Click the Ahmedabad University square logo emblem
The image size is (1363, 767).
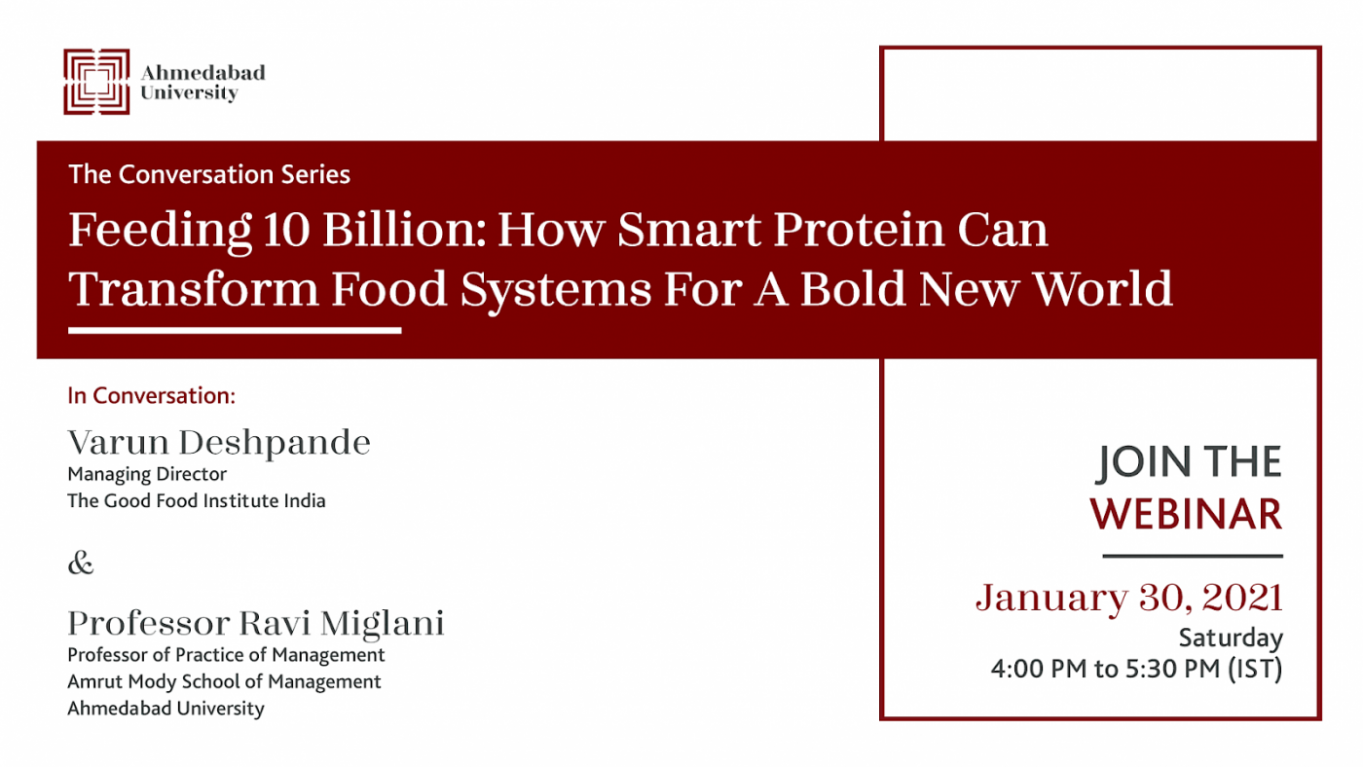(x=96, y=82)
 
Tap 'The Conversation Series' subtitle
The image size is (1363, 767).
(x=209, y=174)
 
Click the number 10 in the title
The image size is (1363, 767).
(x=286, y=230)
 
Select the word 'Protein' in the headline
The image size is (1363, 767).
(x=859, y=230)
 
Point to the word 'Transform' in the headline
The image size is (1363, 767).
(x=194, y=288)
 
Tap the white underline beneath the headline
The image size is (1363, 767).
(x=235, y=331)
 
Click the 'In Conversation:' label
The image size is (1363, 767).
(x=152, y=396)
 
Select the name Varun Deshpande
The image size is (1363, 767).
(x=219, y=442)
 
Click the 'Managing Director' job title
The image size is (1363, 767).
(x=147, y=474)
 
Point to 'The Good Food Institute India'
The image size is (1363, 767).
(x=197, y=500)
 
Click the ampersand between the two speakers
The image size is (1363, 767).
(x=80, y=563)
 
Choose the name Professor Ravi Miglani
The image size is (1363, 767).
(x=256, y=624)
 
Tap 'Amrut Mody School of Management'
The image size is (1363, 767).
(x=225, y=682)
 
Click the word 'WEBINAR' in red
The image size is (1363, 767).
(x=1186, y=515)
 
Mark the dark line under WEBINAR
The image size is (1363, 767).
(x=1193, y=556)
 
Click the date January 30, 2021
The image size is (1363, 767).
(x=1129, y=598)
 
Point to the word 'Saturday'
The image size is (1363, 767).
(x=1231, y=639)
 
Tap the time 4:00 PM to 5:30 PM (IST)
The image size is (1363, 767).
(x=1137, y=669)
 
